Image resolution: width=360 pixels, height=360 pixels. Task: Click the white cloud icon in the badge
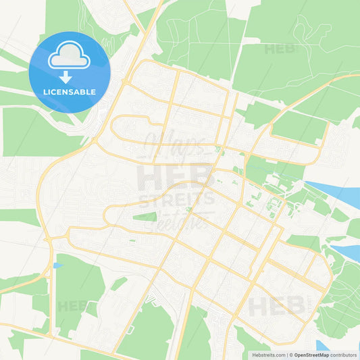(70, 55)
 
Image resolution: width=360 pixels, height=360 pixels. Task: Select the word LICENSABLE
(70, 91)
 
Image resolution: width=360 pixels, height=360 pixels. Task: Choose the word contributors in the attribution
(343, 354)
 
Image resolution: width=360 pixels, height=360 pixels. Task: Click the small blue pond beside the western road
(56, 265)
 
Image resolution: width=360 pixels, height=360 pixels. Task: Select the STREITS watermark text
(177, 201)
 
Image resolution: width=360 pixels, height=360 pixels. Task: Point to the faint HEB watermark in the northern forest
(279, 49)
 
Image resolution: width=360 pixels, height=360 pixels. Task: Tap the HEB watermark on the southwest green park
(74, 306)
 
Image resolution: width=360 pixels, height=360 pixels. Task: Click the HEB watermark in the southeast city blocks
(277, 306)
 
